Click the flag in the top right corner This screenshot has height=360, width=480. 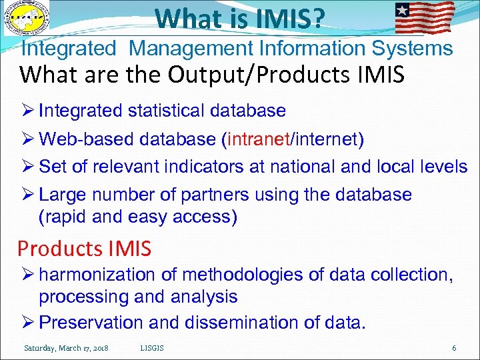coord(425,17)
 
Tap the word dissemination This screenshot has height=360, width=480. coord(235,323)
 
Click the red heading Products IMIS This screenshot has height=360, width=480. coord(85,249)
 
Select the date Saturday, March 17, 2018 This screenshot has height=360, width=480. coord(67,348)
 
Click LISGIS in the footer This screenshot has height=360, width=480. coord(153,348)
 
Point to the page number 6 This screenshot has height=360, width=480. coord(454,348)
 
